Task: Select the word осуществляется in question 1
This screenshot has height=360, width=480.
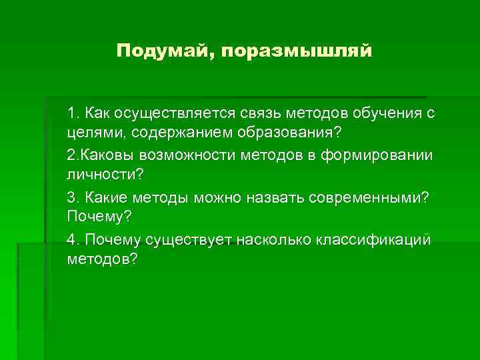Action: click(172, 113)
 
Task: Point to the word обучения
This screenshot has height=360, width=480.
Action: click(383, 113)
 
